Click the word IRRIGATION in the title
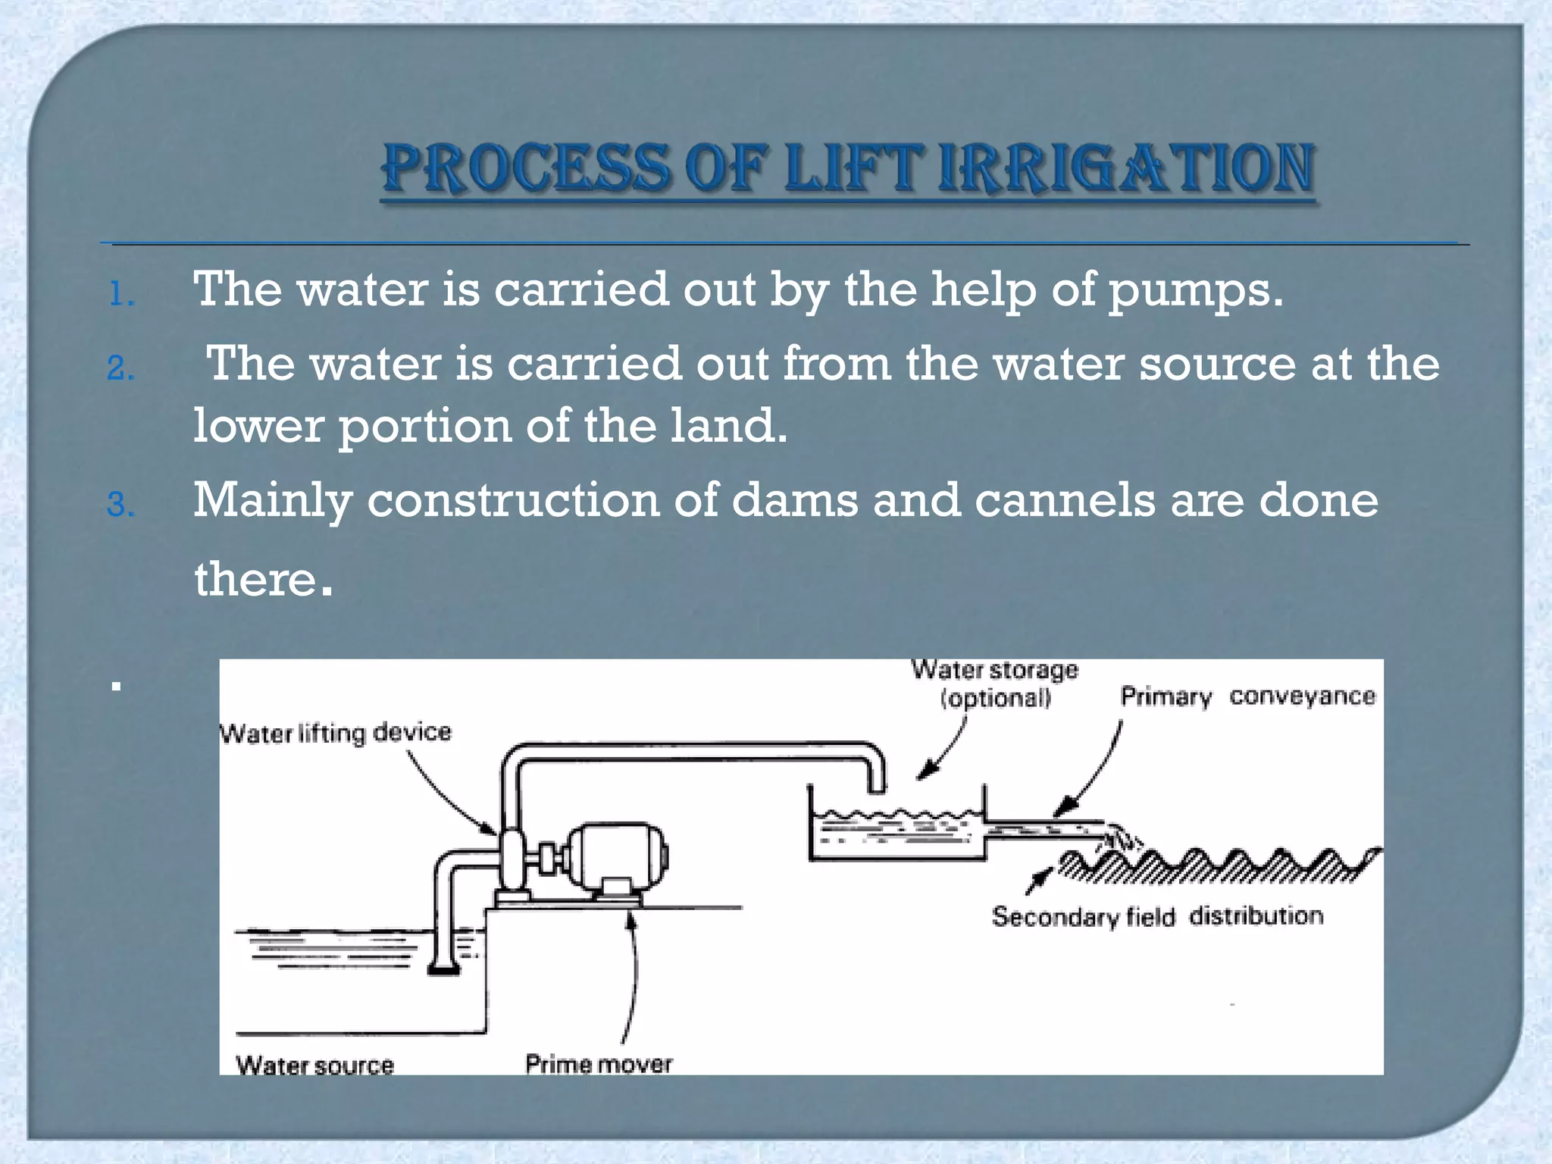[x=1125, y=168]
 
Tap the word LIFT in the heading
[x=852, y=168]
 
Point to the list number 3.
[x=120, y=505]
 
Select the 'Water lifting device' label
[x=335, y=733]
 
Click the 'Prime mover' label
[x=599, y=1064]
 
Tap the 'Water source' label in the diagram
[x=314, y=1065]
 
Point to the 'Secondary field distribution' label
[x=1157, y=916]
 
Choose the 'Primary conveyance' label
[x=1247, y=696]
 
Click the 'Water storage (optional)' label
[x=995, y=684]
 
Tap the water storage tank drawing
[x=897, y=832]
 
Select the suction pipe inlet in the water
[x=443, y=968]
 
